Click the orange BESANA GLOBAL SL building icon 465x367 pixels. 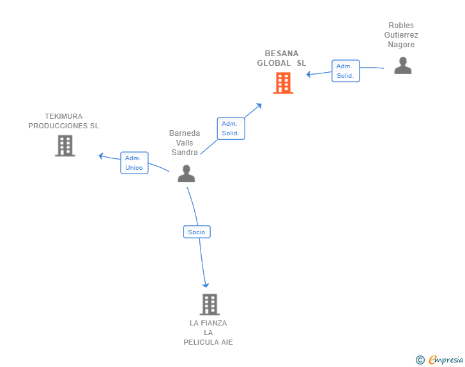tap(283, 83)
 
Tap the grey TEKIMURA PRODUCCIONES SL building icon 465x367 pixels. tap(65, 146)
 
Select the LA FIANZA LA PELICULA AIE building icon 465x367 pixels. tap(209, 304)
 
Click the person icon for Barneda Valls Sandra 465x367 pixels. tap(186, 173)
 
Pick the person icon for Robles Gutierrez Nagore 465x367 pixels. tap(402, 65)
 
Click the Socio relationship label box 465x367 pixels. tap(197, 232)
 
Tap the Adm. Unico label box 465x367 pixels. tap(134, 163)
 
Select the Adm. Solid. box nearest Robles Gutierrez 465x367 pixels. tap(346, 71)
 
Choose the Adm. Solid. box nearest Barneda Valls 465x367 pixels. tap(231, 128)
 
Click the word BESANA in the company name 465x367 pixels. tap(282, 54)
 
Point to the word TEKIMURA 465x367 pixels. tap(63, 116)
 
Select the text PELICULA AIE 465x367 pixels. tap(208, 342)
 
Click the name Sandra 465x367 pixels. tap(185, 153)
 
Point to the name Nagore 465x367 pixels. tap(401, 45)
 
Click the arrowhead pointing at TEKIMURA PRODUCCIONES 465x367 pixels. tap(101, 155)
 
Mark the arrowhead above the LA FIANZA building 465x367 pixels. tap(206, 285)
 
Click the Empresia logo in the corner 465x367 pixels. tap(446, 360)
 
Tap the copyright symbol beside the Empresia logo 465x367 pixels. tap(420, 360)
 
